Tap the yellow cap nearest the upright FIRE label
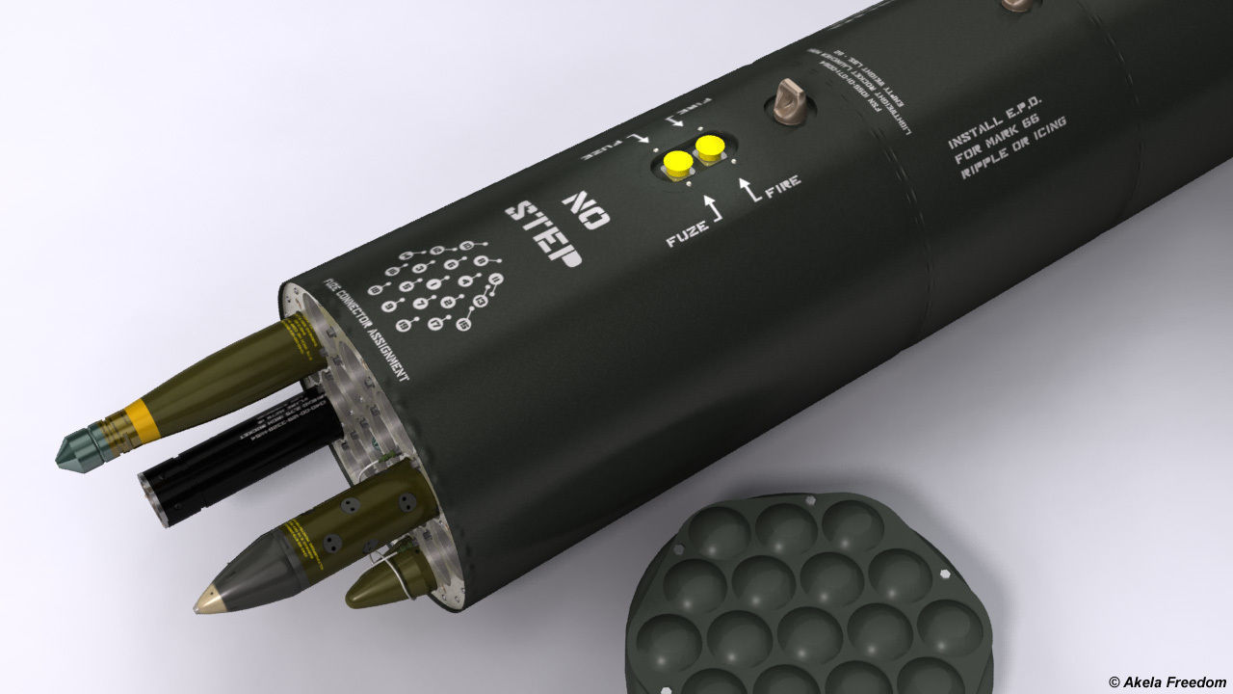click(710, 148)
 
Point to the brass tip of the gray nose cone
click(204, 603)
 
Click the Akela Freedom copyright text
click(1166, 681)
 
